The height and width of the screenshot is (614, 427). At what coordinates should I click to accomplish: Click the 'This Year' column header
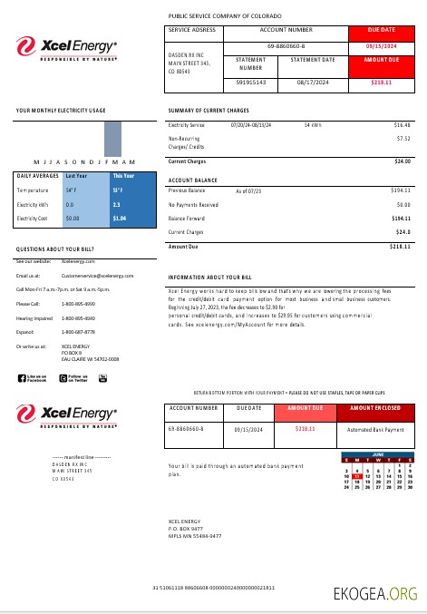(122, 176)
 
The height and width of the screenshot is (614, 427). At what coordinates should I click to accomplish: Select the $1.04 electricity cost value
(119, 219)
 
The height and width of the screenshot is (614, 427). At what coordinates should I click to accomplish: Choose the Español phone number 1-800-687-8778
(77, 332)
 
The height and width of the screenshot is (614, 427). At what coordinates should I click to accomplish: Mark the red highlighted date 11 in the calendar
(358, 475)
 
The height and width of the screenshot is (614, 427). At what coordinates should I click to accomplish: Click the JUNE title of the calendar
(377, 454)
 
